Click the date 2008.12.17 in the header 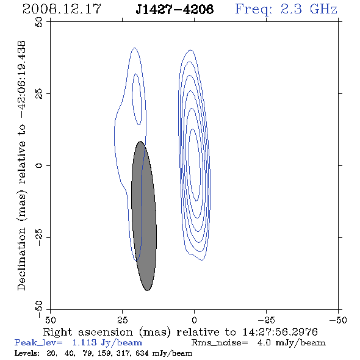coord(62,9)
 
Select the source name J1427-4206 coord(175,9)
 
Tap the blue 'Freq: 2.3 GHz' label coord(286,9)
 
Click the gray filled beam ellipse coord(144,216)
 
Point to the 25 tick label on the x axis coord(122,320)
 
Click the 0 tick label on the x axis coord(194,320)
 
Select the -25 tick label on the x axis coord(266,320)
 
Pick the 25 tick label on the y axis coord(39,93)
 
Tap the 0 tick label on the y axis coord(39,165)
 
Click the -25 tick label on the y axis coord(39,237)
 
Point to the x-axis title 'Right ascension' coord(88,332)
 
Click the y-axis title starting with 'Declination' coord(21,166)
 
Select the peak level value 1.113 coord(84,343)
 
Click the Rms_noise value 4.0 coord(264,343)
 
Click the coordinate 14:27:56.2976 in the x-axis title coord(280,332)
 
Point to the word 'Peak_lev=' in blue coord(38,343)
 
